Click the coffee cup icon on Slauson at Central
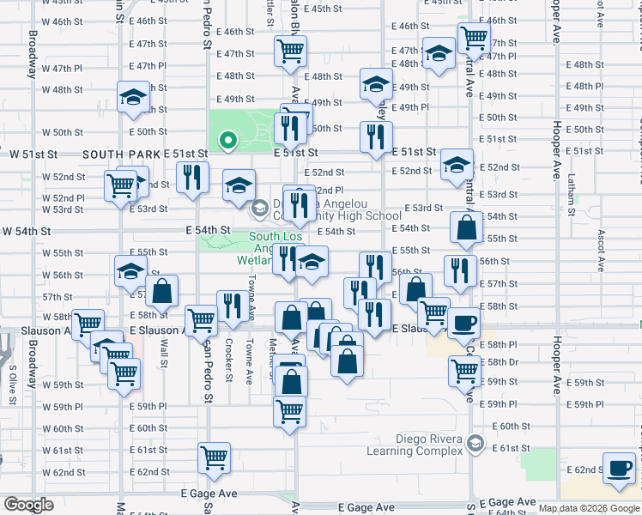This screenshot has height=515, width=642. pyautogui.click(x=464, y=324)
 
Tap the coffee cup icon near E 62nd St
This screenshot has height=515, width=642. pyautogui.click(x=619, y=468)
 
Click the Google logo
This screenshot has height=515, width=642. pyautogui.click(x=28, y=505)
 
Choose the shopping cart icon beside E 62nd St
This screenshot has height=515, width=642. pyautogui.click(x=214, y=457)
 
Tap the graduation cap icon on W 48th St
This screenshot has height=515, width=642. pyautogui.click(x=133, y=98)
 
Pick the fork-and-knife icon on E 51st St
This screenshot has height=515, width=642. pyautogui.click(x=376, y=138)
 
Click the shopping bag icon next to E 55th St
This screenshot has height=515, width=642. pyautogui.click(x=466, y=228)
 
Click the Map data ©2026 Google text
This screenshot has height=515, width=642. pyautogui.click(x=589, y=508)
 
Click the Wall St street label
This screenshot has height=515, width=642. pyautogui.click(x=163, y=353)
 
